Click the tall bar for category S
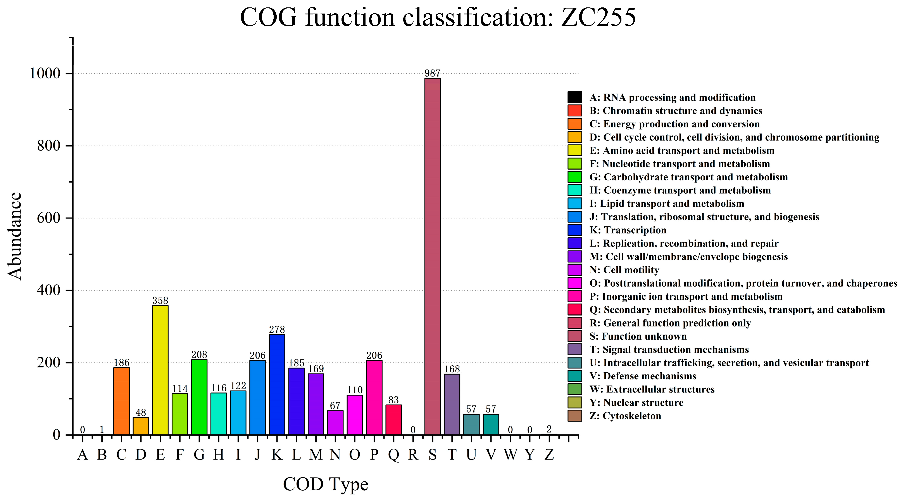tap(433, 256)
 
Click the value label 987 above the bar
tap(433, 73)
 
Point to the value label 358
tap(160, 300)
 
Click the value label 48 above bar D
tap(141, 412)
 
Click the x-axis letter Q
tap(394, 455)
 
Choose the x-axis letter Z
tap(549, 455)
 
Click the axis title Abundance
tap(15, 236)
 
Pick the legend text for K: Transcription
tap(628, 230)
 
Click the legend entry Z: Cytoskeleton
tap(625, 416)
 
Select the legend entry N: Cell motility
tap(624, 270)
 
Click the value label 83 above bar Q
tap(394, 400)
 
